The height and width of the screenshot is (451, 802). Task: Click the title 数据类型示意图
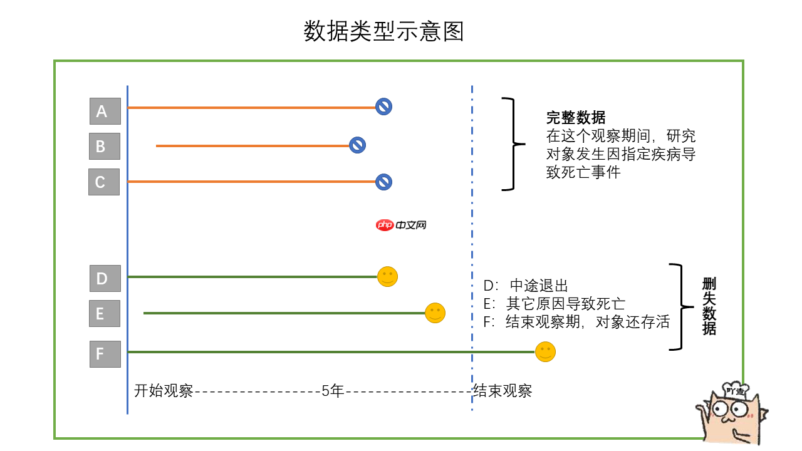click(x=383, y=31)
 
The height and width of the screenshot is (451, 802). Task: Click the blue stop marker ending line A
click(x=383, y=106)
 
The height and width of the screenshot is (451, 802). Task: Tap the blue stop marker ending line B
click(x=357, y=145)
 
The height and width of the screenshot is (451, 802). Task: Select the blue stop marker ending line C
click(x=383, y=182)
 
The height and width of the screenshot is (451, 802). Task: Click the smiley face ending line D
click(x=388, y=276)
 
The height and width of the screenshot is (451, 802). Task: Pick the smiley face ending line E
click(x=435, y=313)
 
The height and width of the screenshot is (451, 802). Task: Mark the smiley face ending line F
click(x=545, y=351)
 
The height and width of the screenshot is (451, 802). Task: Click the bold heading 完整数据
click(x=576, y=118)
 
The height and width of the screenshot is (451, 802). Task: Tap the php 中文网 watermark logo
click(x=401, y=225)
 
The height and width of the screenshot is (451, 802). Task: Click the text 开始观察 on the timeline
click(x=164, y=391)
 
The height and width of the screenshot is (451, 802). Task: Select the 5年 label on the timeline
click(x=333, y=391)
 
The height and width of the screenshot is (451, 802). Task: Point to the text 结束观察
click(x=503, y=391)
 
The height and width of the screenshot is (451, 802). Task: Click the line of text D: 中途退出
click(x=526, y=286)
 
